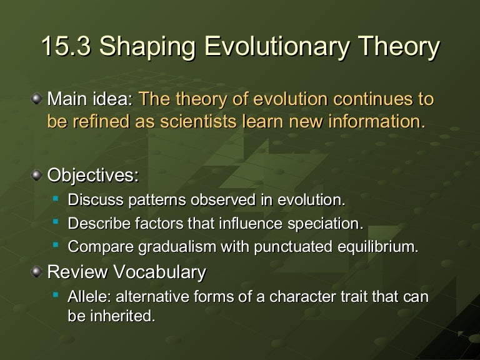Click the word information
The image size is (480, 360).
tap(379, 121)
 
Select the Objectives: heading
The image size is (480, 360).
tap(93, 176)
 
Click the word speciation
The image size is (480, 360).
tap(327, 224)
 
